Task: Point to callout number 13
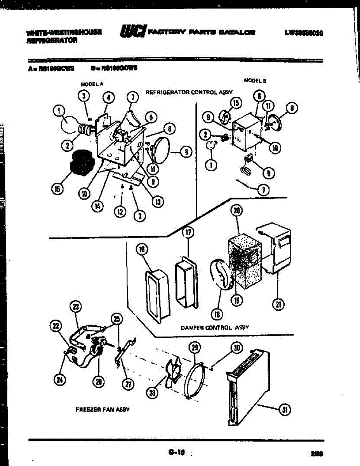point(158,202)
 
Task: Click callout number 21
point(278,304)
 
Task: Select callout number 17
point(188,233)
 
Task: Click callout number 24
point(59,380)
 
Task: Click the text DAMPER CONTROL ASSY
point(215,327)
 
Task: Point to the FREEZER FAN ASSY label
point(103,410)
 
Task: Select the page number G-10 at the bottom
point(176,452)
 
